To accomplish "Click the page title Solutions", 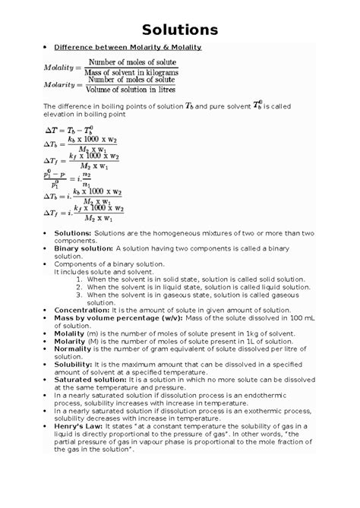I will coord(180,30).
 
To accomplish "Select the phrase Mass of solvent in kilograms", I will coord(134,72).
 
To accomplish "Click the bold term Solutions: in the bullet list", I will coord(72,233).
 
